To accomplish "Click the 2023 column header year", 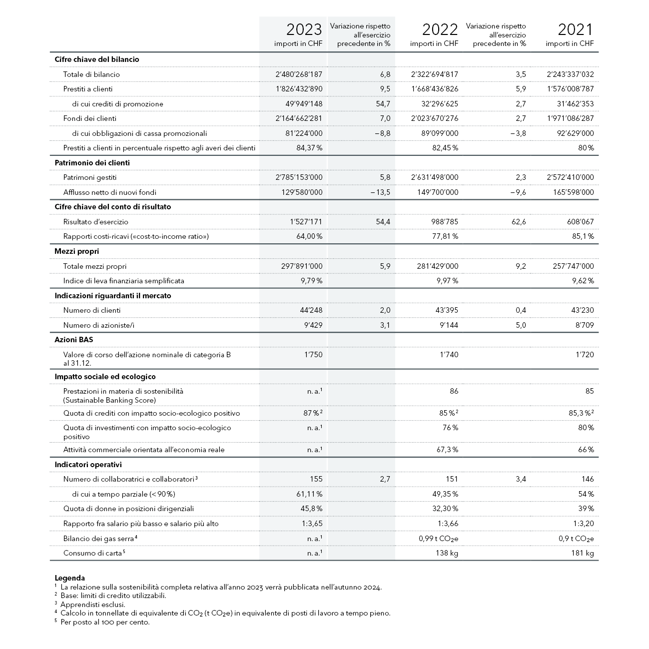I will point(304,29).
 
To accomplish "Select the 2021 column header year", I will point(576,29).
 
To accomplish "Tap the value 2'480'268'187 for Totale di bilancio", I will point(299,74).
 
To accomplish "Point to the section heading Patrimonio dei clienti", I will point(92,163).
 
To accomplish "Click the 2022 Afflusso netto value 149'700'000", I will point(437,192).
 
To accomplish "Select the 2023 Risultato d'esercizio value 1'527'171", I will point(306,222).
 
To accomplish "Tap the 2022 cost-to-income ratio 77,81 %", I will point(445,236).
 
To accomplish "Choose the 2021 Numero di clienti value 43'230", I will point(581,310).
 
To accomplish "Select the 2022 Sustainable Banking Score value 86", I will point(453,391).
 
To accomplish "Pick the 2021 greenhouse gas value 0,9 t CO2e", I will point(576,539).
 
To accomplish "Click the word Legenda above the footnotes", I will point(69,578).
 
